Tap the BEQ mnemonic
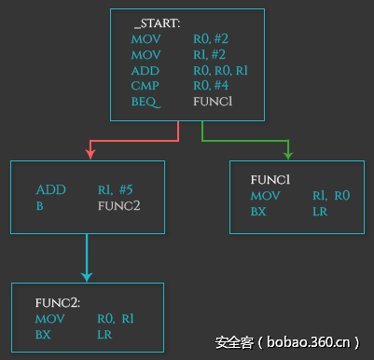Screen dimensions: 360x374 [145, 100]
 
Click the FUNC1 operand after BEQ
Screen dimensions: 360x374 [212, 100]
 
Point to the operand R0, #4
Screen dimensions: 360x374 [212, 84]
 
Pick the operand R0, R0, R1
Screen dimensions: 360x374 [219, 69]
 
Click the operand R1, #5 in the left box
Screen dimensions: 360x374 [116, 189]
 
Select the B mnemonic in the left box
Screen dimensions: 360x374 [40, 205]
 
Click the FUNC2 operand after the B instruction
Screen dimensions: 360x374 [118, 205]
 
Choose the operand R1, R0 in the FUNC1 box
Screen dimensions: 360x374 [330, 196]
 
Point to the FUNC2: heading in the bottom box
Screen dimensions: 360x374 [58, 303]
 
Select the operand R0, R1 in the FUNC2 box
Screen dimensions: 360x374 [116, 319]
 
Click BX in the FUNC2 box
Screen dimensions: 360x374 [43, 334]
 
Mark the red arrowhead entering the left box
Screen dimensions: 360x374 [90, 154]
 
